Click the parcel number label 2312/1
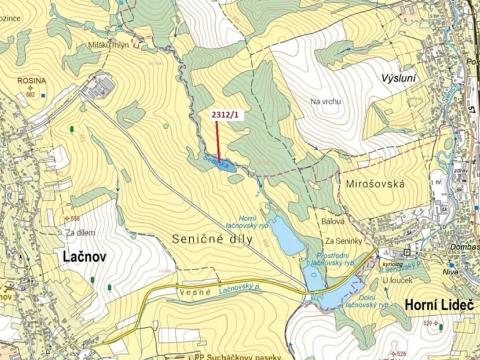pyautogui.click(x=226, y=115)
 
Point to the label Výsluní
pyautogui.click(x=403, y=77)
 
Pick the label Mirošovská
pyautogui.click(x=375, y=185)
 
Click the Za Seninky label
pyautogui.click(x=343, y=241)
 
